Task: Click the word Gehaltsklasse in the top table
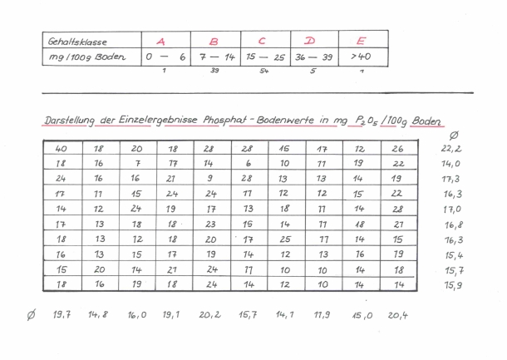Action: (x=76, y=41)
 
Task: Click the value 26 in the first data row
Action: (x=398, y=149)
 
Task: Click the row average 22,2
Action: (x=453, y=149)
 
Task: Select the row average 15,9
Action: (x=453, y=285)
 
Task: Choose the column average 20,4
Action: (x=398, y=315)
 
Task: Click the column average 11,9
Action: (x=321, y=315)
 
